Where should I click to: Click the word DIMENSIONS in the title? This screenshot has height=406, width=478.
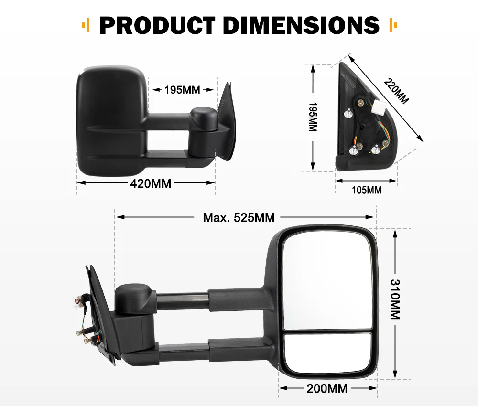[x=301, y=25]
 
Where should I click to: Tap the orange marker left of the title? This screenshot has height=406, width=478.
[x=86, y=25]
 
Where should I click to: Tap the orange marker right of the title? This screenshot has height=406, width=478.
[x=393, y=25]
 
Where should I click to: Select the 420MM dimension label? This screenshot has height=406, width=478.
[x=151, y=182]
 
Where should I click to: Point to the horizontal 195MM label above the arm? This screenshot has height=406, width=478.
[x=182, y=90]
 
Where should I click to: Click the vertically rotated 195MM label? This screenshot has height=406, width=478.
[x=313, y=118]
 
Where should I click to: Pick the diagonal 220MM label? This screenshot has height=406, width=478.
[x=396, y=91]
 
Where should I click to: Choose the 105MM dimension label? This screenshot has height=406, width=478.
[x=367, y=190]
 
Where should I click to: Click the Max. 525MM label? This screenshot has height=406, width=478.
[x=239, y=218]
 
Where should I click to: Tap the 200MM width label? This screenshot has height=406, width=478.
[x=327, y=388]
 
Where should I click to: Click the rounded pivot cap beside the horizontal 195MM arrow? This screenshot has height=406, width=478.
[x=204, y=117]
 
